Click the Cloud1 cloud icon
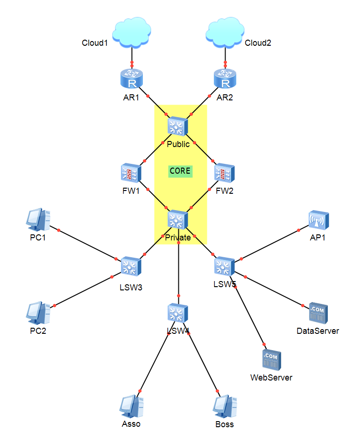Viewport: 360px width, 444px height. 132,34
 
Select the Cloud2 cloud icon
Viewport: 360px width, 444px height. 226,34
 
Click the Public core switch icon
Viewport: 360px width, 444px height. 178,126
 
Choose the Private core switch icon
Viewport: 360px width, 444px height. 178,219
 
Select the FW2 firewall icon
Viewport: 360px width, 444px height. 225,173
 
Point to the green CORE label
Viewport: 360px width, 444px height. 180,171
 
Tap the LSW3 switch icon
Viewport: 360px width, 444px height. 131,267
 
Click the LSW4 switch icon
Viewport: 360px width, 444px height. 178,313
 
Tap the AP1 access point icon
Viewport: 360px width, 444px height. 318,220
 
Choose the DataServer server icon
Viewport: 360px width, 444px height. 318,313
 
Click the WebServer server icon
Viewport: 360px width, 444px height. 272,359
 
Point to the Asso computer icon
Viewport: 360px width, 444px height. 131,407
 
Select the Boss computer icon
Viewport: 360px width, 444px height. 225,407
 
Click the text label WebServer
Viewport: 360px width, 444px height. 271,377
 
